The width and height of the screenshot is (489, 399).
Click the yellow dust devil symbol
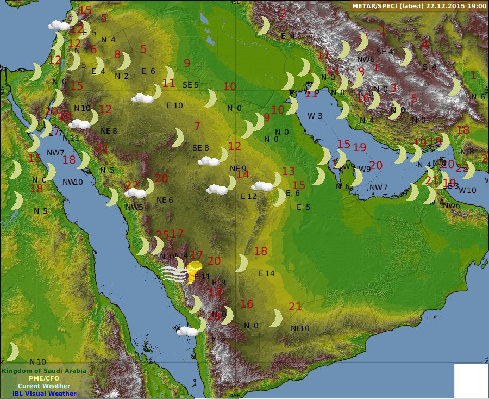pyautogui.click(x=193, y=272)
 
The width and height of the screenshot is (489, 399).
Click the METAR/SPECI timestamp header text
pyautogui.click(x=419, y=5)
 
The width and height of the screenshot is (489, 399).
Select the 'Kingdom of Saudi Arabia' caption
pyautogui.click(x=43, y=371)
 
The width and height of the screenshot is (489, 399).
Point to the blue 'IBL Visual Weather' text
pyautogui.click(x=44, y=394)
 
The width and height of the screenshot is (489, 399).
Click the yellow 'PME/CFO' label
pyautogui.click(x=44, y=378)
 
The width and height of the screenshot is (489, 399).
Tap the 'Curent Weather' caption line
pyautogui.click(x=44, y=386)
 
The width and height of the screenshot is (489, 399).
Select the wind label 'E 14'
pyautogui.click(x=267, y=273)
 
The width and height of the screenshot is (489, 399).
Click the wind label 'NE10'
pyautogui.click(x=300, y=328)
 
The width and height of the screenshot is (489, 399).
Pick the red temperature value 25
pyautogui.click(x=162, y=235)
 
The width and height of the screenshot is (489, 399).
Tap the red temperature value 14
pyautogui.click(x=242, y=174)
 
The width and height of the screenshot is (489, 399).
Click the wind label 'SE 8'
pyautogui.click(x=200, y=148)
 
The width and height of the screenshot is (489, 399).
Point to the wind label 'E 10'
pyautogui.click(x=174, y=105)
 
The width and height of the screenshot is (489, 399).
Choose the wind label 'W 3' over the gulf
pyautogui.click(x=315, y=116)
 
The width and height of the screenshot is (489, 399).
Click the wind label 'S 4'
pyautogui.click(x=429, y=67)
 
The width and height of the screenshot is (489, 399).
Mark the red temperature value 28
pyautogui.click(x=213, y=316)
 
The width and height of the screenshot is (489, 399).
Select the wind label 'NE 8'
pyautogui.click(x=109, y=131)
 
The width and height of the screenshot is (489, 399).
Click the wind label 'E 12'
pyautogui.click(x=248, y=196)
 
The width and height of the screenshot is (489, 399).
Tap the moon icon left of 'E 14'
pyautogui.click(x=242, y=264)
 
